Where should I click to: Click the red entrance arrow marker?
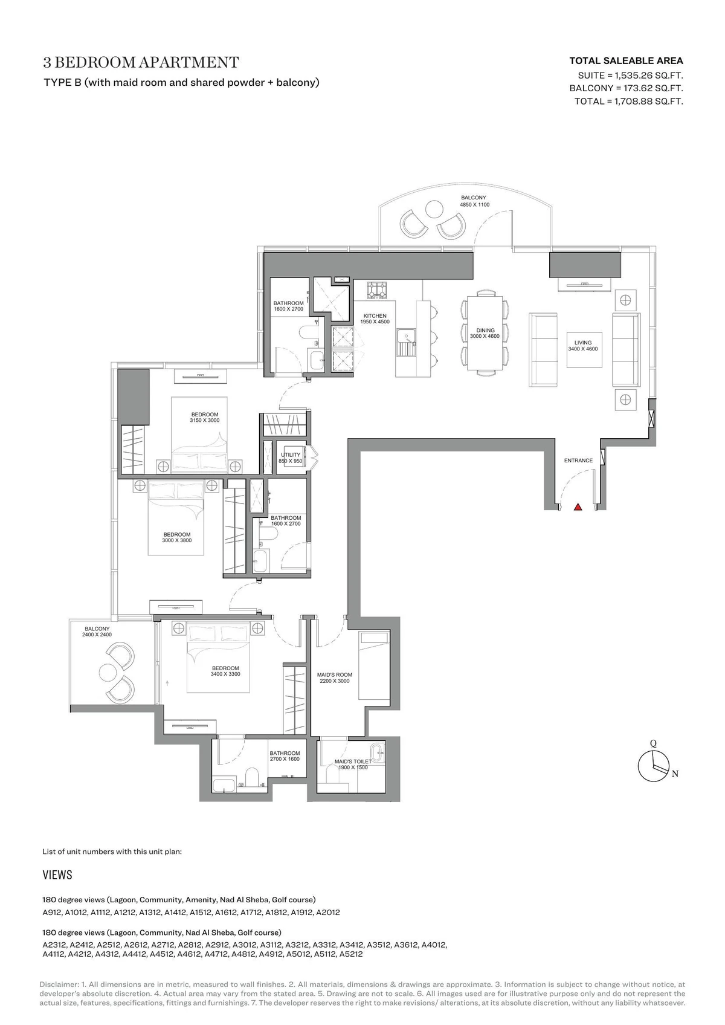coord(578,506)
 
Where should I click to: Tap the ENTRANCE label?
coord(578,461)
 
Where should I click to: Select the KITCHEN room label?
coord(375,315)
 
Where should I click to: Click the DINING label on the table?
coord(485,330)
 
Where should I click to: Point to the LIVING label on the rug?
coord(583,342)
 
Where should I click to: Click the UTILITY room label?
coord(291,455)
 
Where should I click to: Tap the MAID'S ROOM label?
coord(334,674)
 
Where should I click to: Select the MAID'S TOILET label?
coord(353,761)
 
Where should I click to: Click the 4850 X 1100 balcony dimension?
coord(474,204)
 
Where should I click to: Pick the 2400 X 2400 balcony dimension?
coord(97,634)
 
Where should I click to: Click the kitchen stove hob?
coord(377,290)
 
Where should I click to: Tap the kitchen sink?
coord(406,343)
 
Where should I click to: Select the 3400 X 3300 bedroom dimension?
coord(225,674)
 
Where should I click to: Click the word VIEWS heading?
coord(57,875)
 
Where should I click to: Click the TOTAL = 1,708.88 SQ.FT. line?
coord(628,101)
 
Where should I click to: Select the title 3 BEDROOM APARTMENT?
coord(141,62)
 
